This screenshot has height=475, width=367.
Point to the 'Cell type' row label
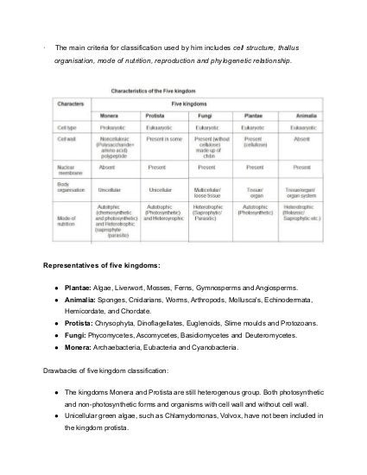point(68,125)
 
